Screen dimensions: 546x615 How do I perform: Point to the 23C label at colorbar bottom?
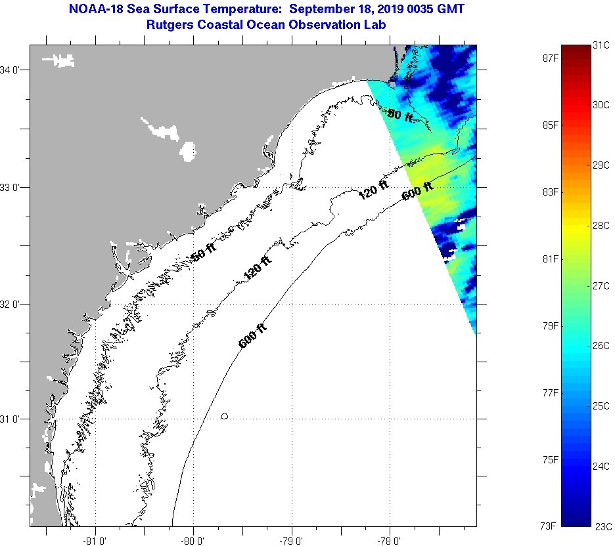click(602, 526)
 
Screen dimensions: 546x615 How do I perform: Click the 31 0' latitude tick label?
click(11, 419)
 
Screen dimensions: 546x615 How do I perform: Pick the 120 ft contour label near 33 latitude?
click(373, 191)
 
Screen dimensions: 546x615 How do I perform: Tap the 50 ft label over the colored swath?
click(400, 115)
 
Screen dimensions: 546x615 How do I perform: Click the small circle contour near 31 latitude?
click(225, 416)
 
